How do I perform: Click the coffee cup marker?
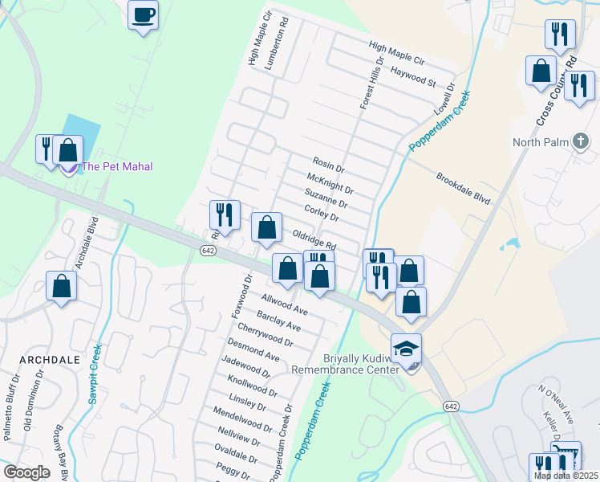coord(143,15)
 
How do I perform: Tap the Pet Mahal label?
coord(117,166)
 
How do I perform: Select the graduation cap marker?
coord(406,349)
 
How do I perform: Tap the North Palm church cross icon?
coord(582,142)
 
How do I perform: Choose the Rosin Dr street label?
coord(327,165)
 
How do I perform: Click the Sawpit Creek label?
coord(96,374)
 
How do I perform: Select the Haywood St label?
coord(413,78)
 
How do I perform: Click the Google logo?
coord(26,472)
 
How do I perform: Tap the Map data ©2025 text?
coord(566,476)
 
